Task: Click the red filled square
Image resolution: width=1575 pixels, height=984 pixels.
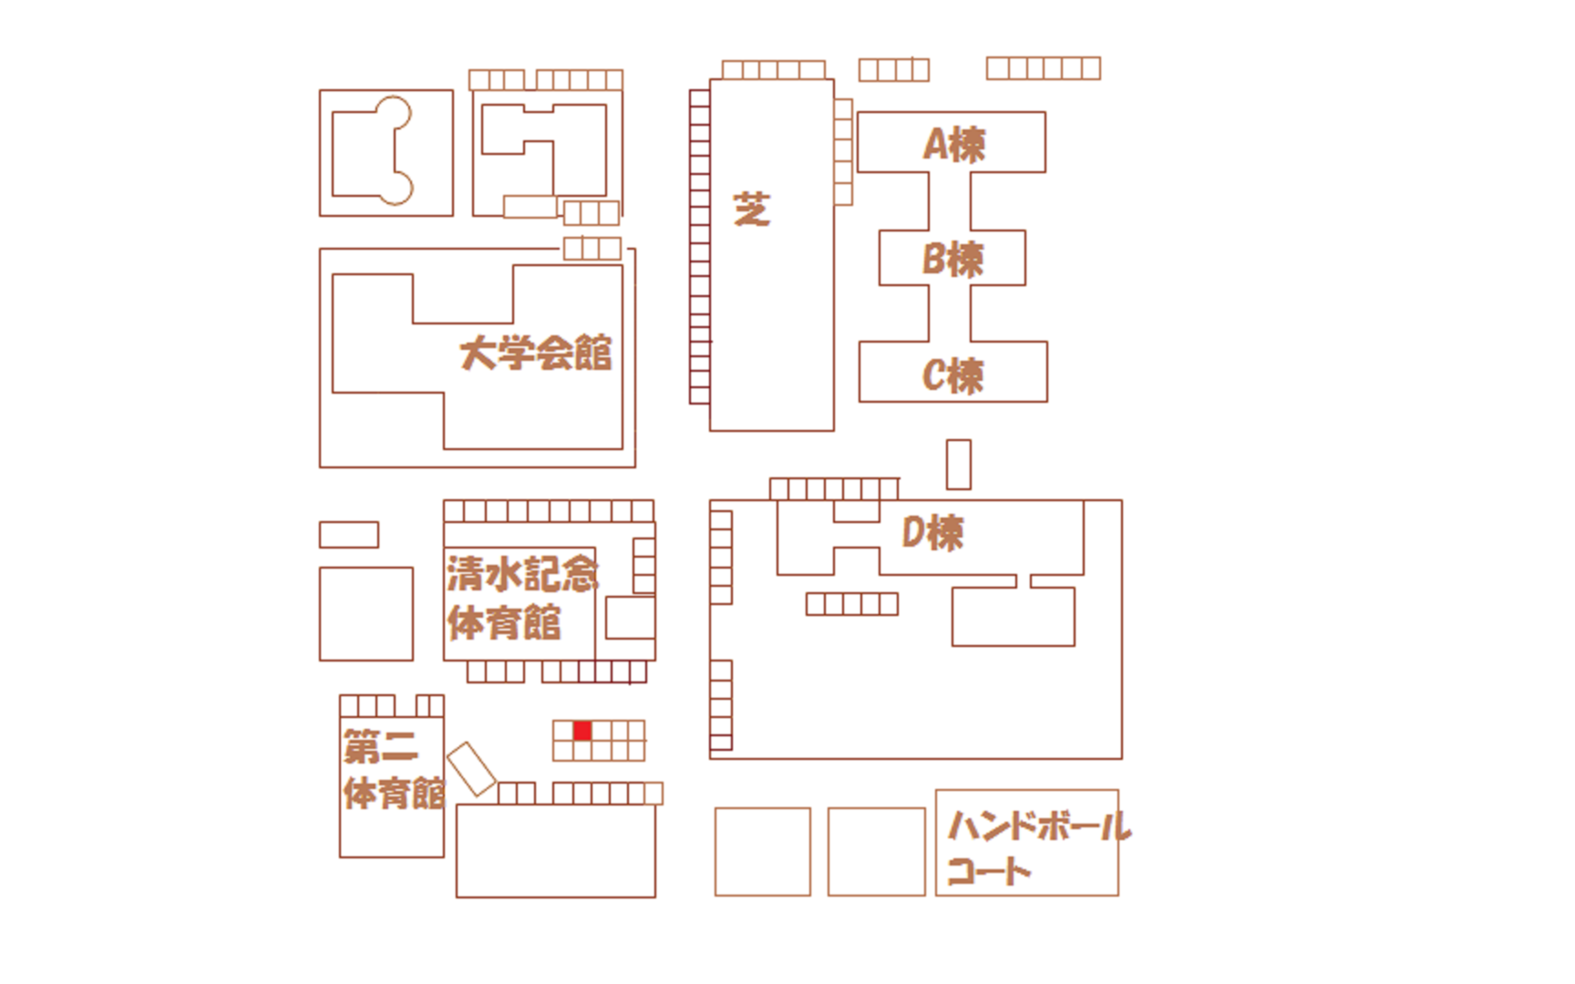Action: pyautogui.click(x=582, y=730)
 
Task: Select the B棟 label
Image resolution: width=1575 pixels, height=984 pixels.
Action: pyautogui.click(x=953, y=259)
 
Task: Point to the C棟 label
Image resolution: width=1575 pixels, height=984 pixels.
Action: pyautogui.click(x=953, y=375)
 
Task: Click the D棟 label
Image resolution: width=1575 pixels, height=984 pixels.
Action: pyautogui.click(x=932, y=533)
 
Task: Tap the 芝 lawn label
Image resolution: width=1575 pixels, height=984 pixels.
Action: pyautogui.click(x=751, y=210)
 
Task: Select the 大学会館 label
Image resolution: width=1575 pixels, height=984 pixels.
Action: pyautogui.click(x=535, y=354)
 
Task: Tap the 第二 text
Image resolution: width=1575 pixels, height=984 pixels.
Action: pyautogui.click(x=381, y=747)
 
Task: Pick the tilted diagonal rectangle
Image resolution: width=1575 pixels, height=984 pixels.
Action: pyautogui.click(x=472, y=769)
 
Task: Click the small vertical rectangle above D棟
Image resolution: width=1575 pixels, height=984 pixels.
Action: pyautogui.click(x=959, y=464)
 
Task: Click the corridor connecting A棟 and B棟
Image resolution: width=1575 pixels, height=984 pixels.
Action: pyautogui.click(x=950, y=201)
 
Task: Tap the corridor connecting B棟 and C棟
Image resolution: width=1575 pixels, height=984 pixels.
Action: pyautogui.click(x=950, y=313)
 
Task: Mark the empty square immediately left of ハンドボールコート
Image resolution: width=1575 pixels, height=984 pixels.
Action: pyautogui.click(x=877, y=852)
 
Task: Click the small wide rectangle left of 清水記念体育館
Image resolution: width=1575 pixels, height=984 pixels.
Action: pyautogui.click(x=349, y=535)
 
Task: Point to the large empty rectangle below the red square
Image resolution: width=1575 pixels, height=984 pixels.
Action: pyautogui.click(x=556, y=851)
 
